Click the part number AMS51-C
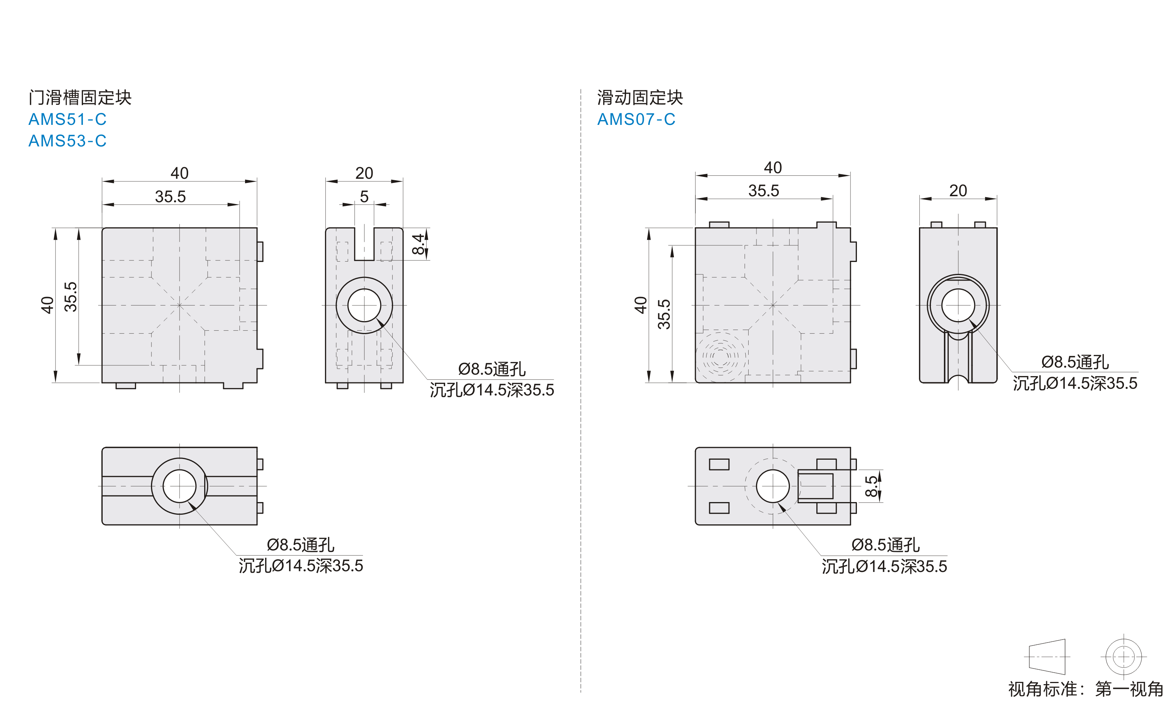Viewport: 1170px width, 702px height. click(67, 119)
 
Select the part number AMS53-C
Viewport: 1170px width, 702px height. click(67, 141)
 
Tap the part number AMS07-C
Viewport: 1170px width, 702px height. click(636, 119)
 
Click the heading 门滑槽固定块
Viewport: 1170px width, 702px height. click(80, 97)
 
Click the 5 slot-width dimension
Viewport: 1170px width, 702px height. click(364, 196)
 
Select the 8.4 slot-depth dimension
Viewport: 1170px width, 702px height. click(418, 244)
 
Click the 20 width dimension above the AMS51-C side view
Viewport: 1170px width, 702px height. click(364, 173)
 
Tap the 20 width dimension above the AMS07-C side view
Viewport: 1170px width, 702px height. click(958, 191)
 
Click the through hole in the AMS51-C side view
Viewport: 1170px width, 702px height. click(364, 305)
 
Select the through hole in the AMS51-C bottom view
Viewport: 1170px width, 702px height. click(179, 486)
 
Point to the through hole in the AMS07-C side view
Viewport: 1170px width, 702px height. click(958, 305)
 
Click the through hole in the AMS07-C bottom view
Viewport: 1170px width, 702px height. click(772, 486)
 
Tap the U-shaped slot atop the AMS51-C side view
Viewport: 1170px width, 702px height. click(364, 244)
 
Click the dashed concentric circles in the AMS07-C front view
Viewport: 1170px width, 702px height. click(720, 355)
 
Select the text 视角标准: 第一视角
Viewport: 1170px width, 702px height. click(1085, 689)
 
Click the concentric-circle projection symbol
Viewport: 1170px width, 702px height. click(1123, 657)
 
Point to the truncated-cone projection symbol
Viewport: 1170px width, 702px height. click(1047, 657)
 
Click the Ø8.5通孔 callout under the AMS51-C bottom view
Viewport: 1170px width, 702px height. click(300, 545)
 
